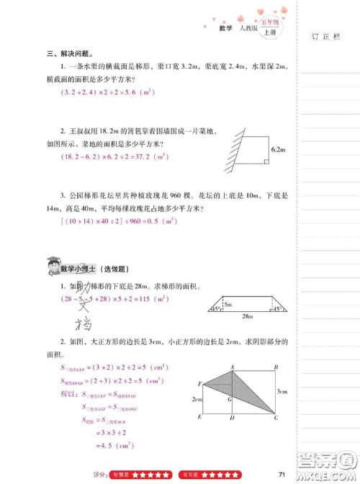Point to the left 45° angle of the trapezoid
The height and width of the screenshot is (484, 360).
[x=215, y=310]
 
